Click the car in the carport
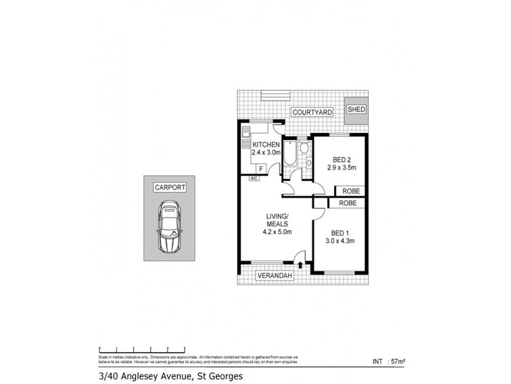click(169, 228)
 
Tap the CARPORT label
click(169, 188)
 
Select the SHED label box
click(356, 109)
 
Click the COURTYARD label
click(312, 113)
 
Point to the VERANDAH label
click(275, 276)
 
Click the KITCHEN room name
click(266, 145)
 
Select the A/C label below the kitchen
click(254, 178)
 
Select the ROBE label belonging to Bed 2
click(349, 191)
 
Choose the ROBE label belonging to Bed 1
click(347, 203)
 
